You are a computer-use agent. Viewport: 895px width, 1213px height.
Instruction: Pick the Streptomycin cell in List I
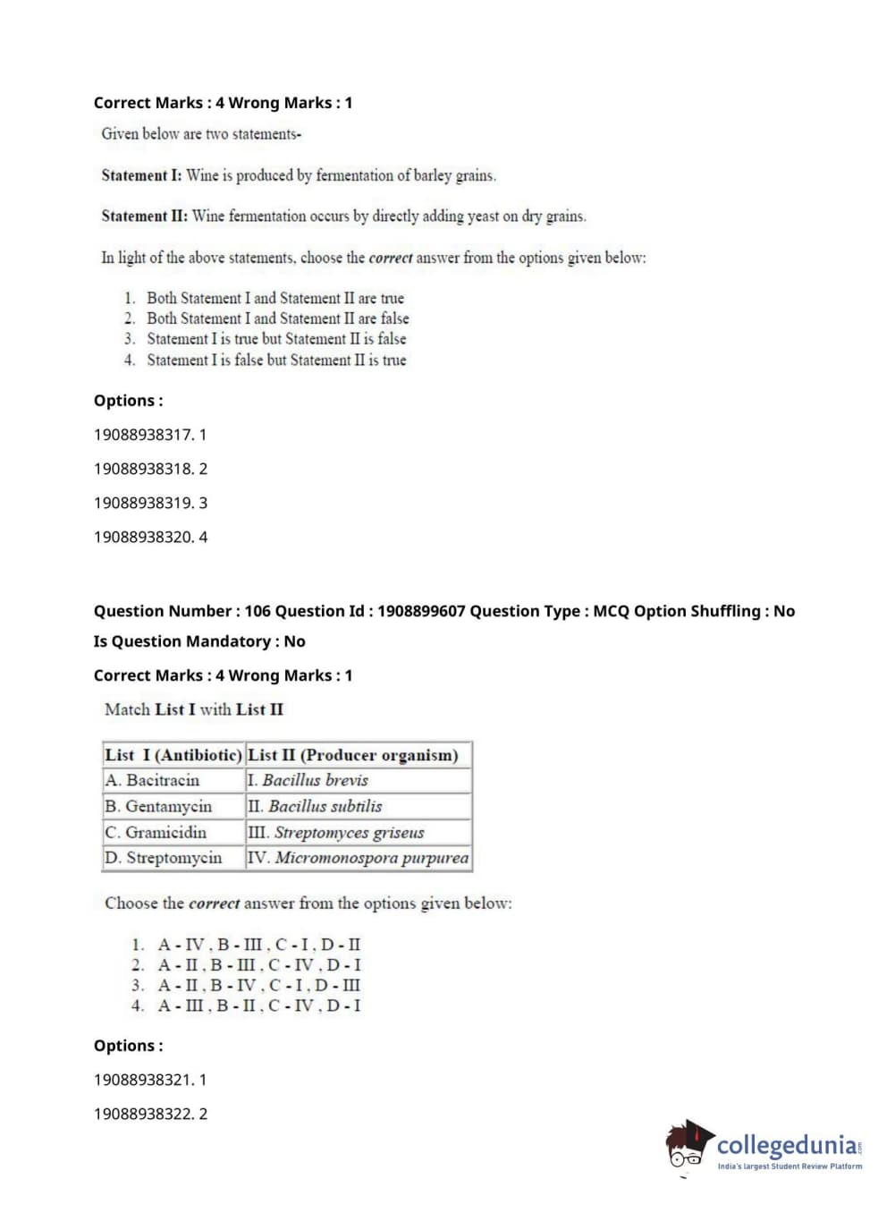173,858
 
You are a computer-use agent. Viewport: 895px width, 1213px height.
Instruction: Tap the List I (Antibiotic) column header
173,755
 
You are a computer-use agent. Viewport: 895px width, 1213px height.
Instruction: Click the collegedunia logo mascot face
687,1145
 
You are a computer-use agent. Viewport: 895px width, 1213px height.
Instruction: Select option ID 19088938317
150,435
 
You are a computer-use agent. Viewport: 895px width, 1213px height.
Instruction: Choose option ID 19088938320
150,537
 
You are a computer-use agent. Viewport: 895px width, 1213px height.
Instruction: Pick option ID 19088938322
150,1114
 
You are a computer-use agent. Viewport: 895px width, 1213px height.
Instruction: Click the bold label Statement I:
141,175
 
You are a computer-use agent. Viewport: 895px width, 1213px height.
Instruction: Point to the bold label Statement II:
144,216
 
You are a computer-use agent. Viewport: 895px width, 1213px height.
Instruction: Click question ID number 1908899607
421,611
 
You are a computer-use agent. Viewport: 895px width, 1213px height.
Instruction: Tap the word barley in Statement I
432,175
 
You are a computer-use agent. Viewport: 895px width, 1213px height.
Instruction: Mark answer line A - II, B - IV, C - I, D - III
259,985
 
